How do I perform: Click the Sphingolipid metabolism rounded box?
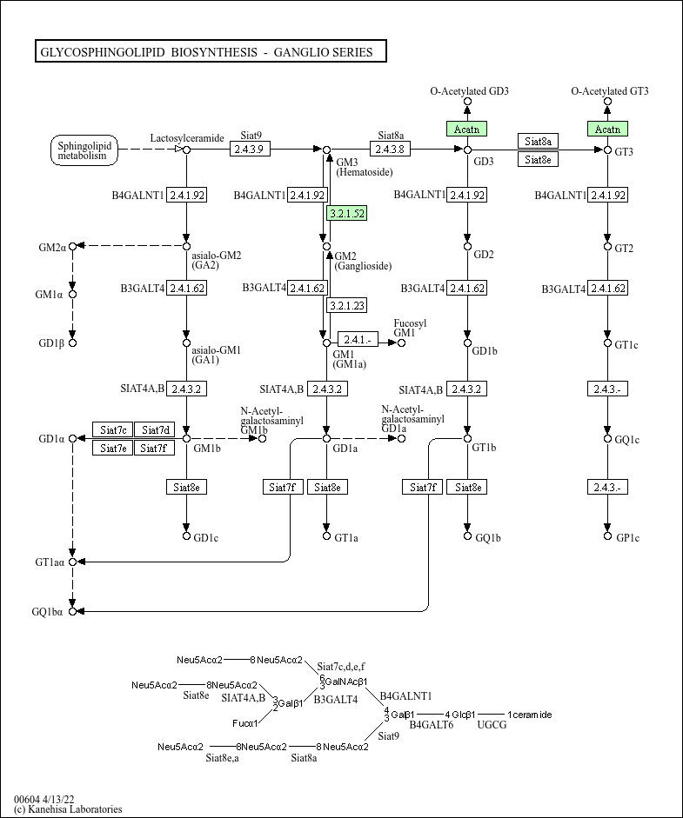point(83,150)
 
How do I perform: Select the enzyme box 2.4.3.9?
point(251,150)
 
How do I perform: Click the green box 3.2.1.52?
point(346,213)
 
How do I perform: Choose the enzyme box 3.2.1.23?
point(346,305)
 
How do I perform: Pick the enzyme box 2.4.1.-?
point(358,340)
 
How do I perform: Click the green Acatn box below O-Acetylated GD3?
point(467,129)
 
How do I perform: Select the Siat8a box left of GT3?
point(539,141)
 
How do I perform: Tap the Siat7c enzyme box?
point(113,429)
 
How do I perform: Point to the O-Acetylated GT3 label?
point(609,91)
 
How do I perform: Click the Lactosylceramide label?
point(187,137)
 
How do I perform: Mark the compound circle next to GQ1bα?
point(73,611)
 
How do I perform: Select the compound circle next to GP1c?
point(608,537)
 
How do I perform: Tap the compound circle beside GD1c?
point(186,535)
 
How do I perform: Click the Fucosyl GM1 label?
point(405,328)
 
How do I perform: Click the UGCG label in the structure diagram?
point(492,724)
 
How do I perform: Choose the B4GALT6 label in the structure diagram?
point(432,724)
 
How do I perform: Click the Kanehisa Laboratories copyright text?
point(68,809)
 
